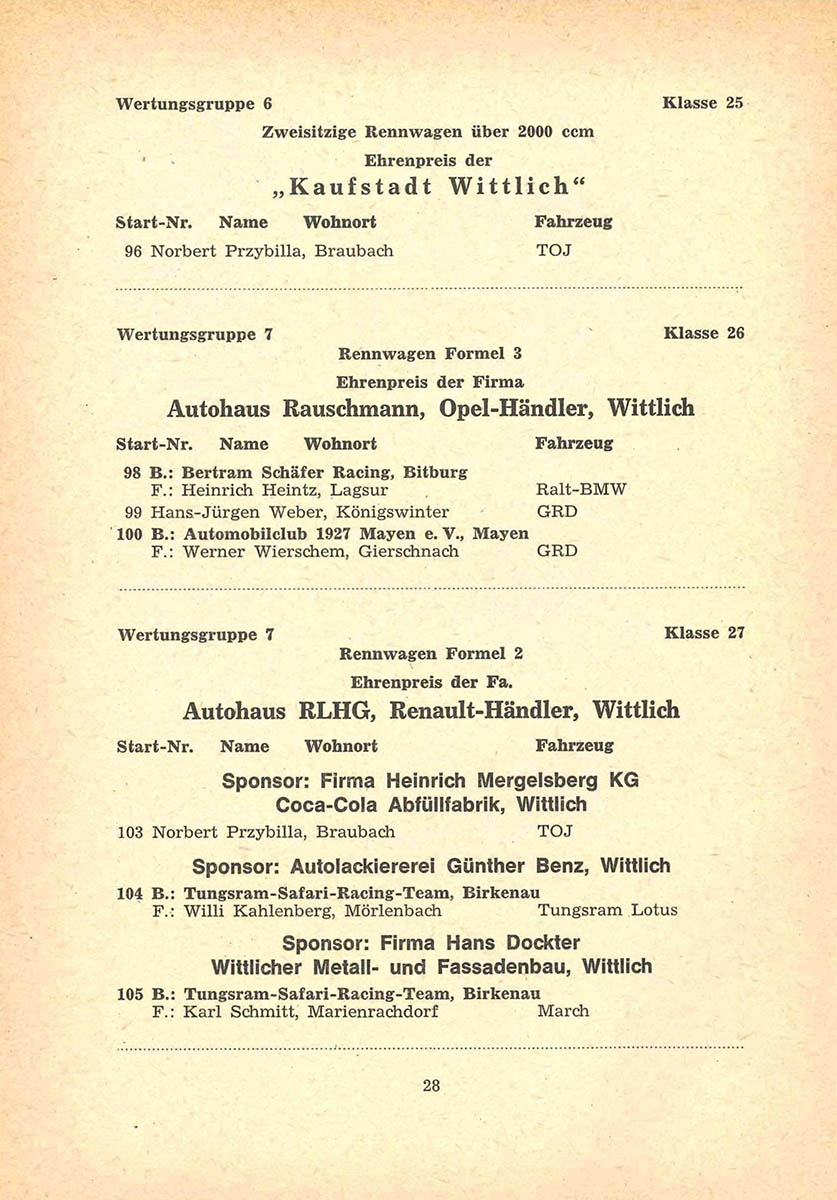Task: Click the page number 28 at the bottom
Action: point(431,1086)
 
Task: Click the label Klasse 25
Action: point(703,102)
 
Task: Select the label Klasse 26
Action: point(704,333)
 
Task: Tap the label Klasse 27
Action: point(704,633)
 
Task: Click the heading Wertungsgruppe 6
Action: point(194,103)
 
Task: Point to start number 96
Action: point(132,251)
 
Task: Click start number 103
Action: point(131,831)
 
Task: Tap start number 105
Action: point(131,993)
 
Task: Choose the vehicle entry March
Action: point(563,1011)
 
